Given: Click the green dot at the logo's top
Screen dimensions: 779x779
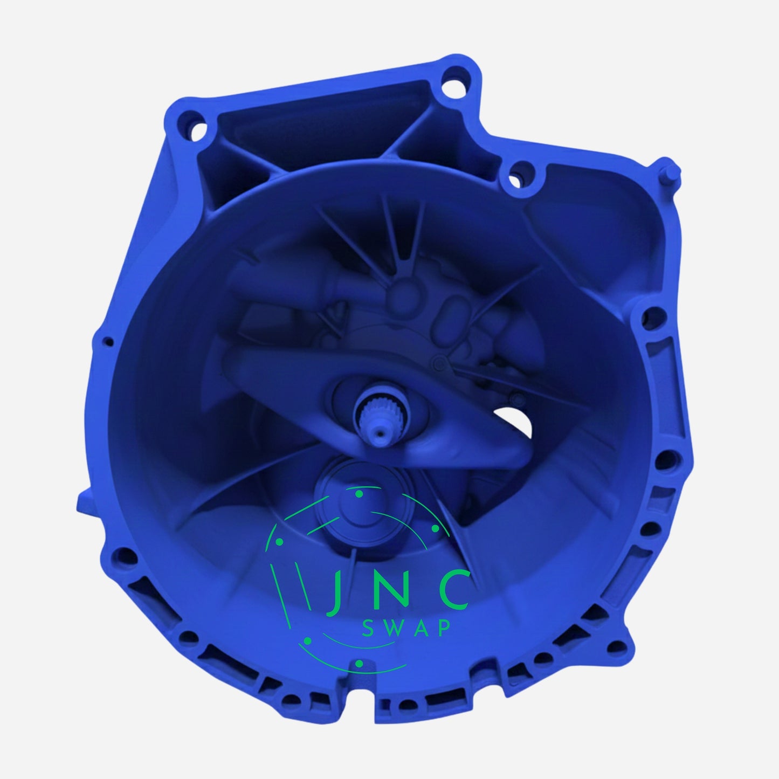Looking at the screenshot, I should tap(358, 494).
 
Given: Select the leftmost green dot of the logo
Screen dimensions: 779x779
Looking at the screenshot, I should tap(280, 541).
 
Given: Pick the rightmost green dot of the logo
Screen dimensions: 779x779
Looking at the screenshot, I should tap(435, 528).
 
